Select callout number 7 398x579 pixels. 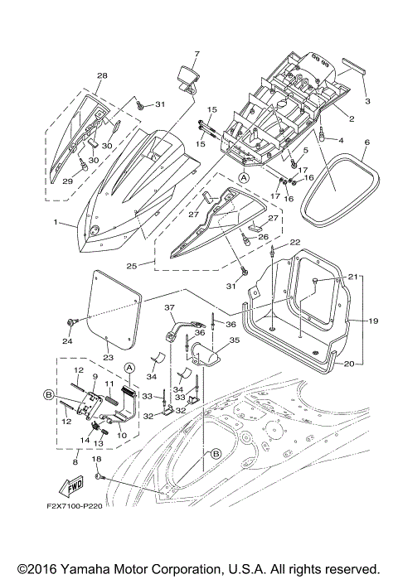pos(196,55)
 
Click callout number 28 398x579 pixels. pos(102,76)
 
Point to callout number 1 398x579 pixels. pos(56,223)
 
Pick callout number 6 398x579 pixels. pos(366,142)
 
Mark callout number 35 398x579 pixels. pos(235,339)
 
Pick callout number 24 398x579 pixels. pos(69,340)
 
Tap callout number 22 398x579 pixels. pos(295,242)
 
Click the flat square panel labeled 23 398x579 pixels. pos(112,306)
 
